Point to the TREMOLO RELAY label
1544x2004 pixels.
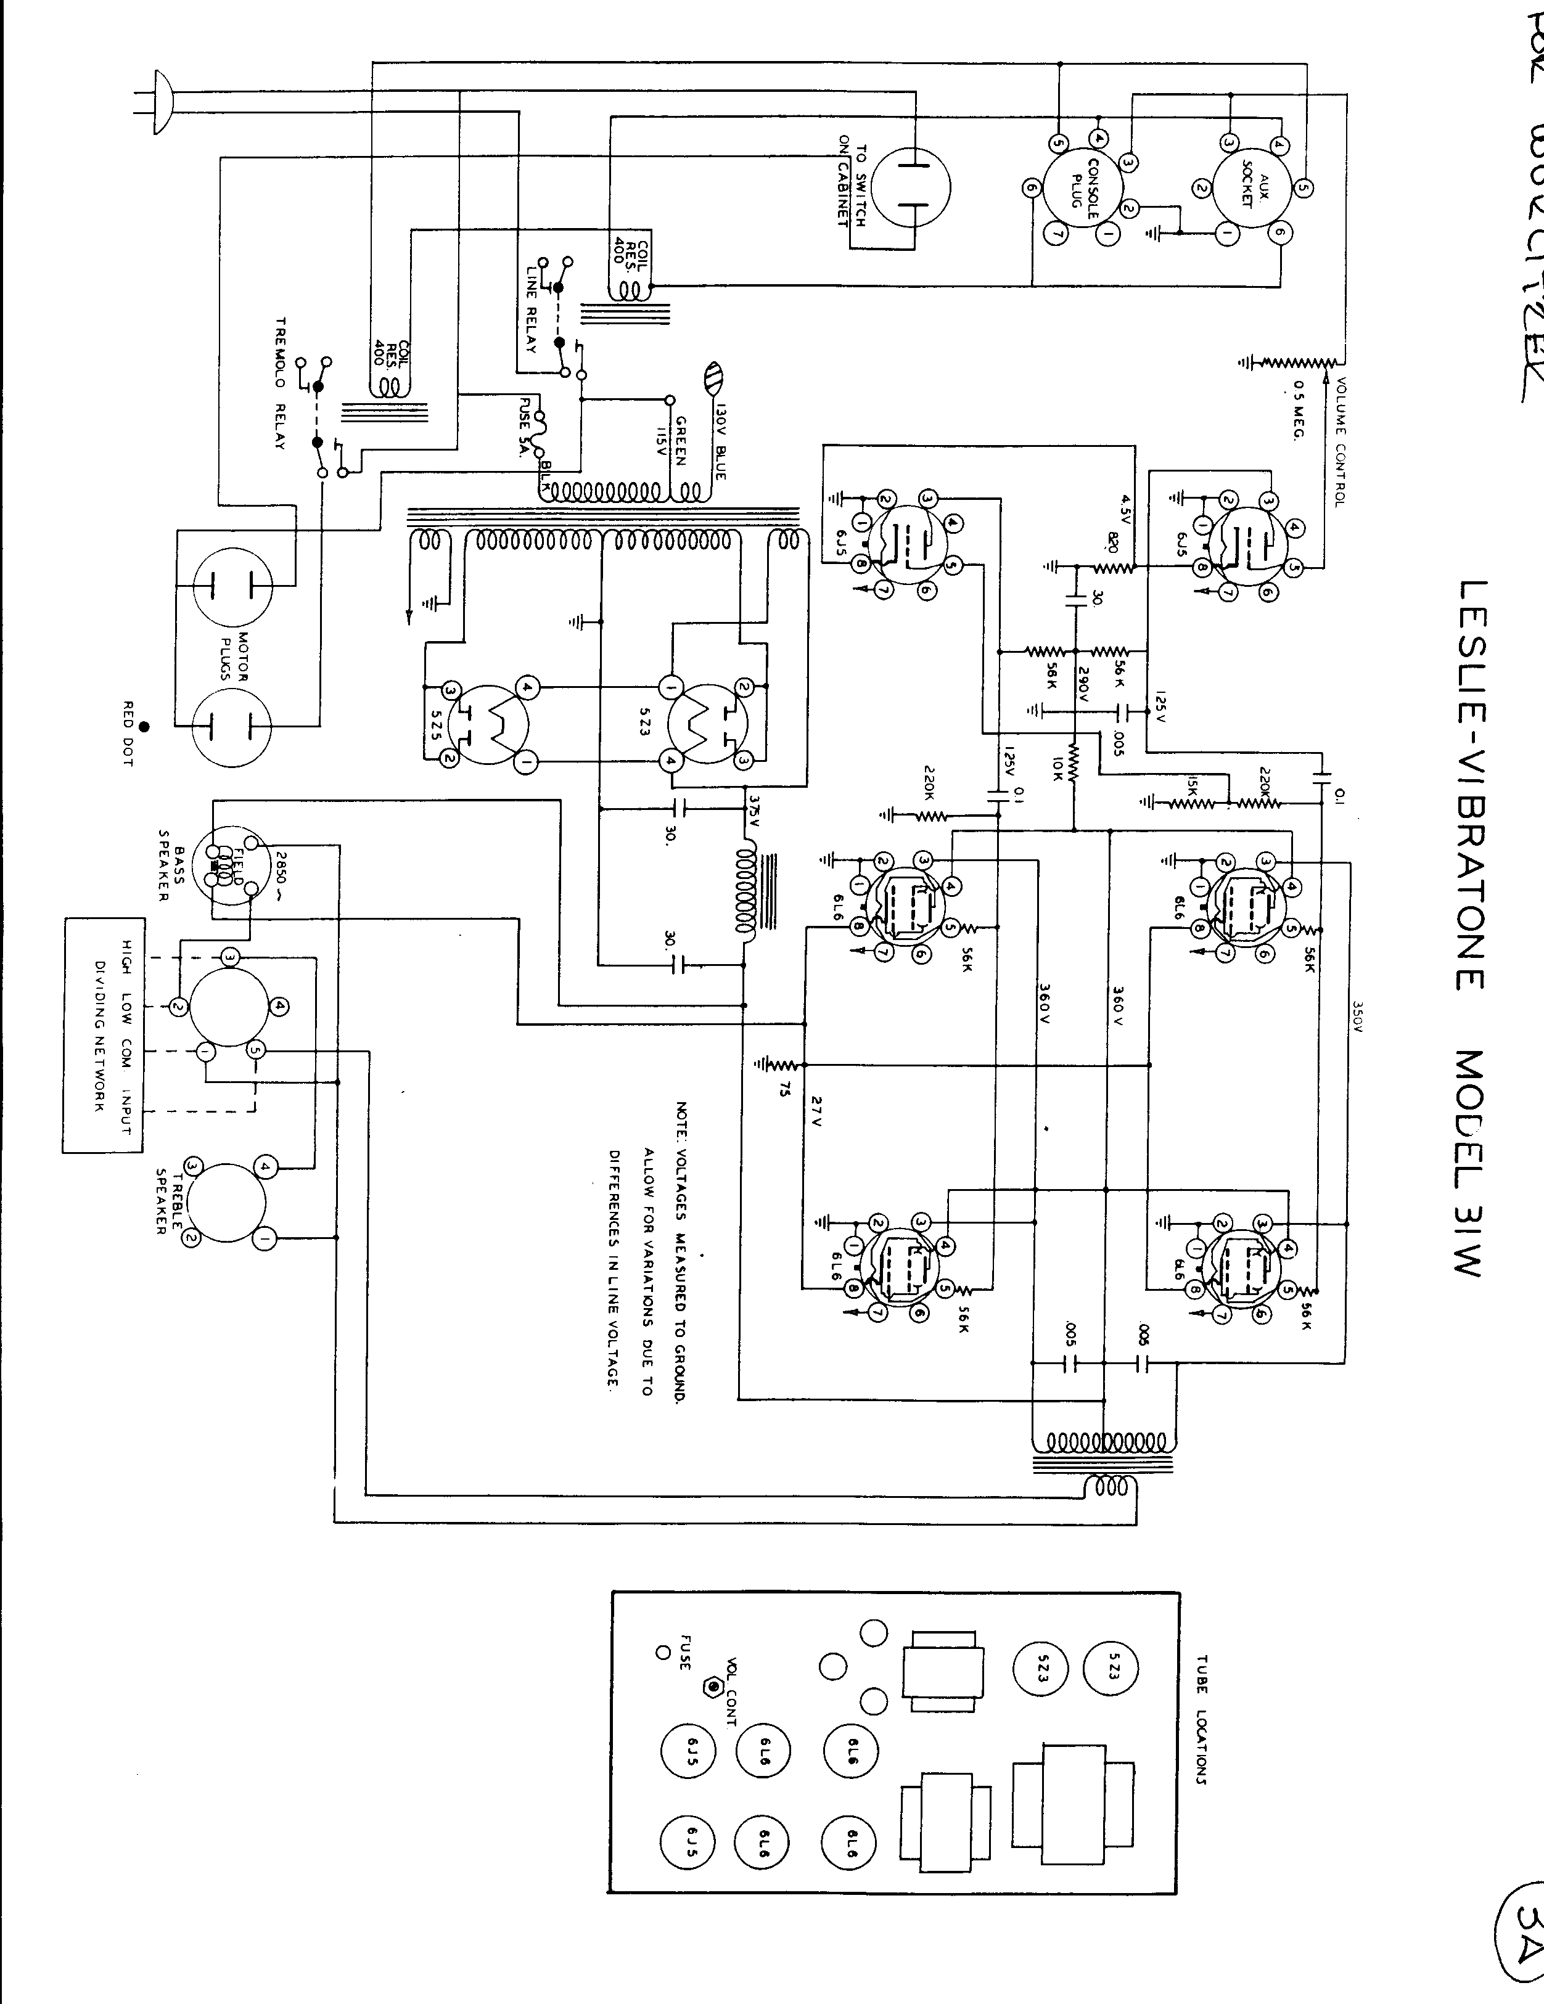coord(281,383)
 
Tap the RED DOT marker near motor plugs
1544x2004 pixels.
coord(144,727)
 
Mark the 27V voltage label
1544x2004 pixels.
coord(817,1110)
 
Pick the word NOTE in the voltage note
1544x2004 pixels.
coord(681,1115)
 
